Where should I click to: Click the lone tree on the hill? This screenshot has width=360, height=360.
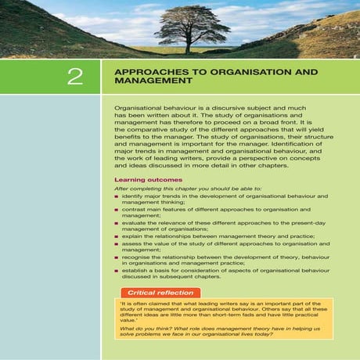click(x=183, y=28)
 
